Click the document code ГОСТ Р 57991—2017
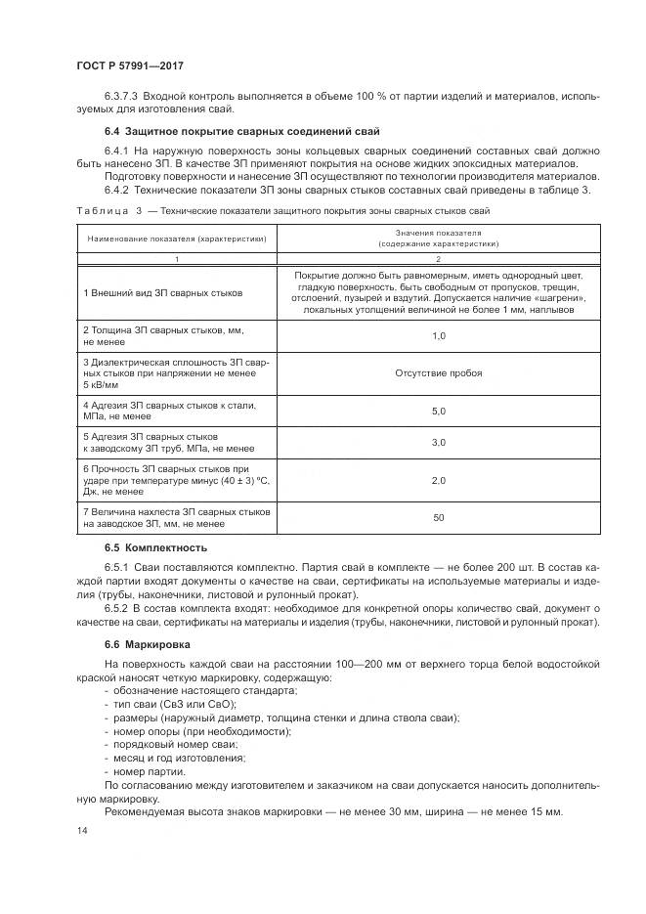[x=130, y=65]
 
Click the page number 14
[x=80, y=831]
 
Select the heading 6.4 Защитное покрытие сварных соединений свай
[x=241, y=131]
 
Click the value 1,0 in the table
[x=438, y=335]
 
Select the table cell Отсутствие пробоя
[x=439, y=373]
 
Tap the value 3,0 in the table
[x=438, y=443]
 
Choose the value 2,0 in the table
[x=438, y=481]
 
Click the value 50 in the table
[x=438, y=518]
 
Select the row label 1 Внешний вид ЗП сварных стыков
[x=163, y=292]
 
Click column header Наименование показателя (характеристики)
[x=177, y=239]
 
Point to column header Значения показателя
[x=439, y=234]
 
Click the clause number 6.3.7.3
[x=122, y=97]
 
